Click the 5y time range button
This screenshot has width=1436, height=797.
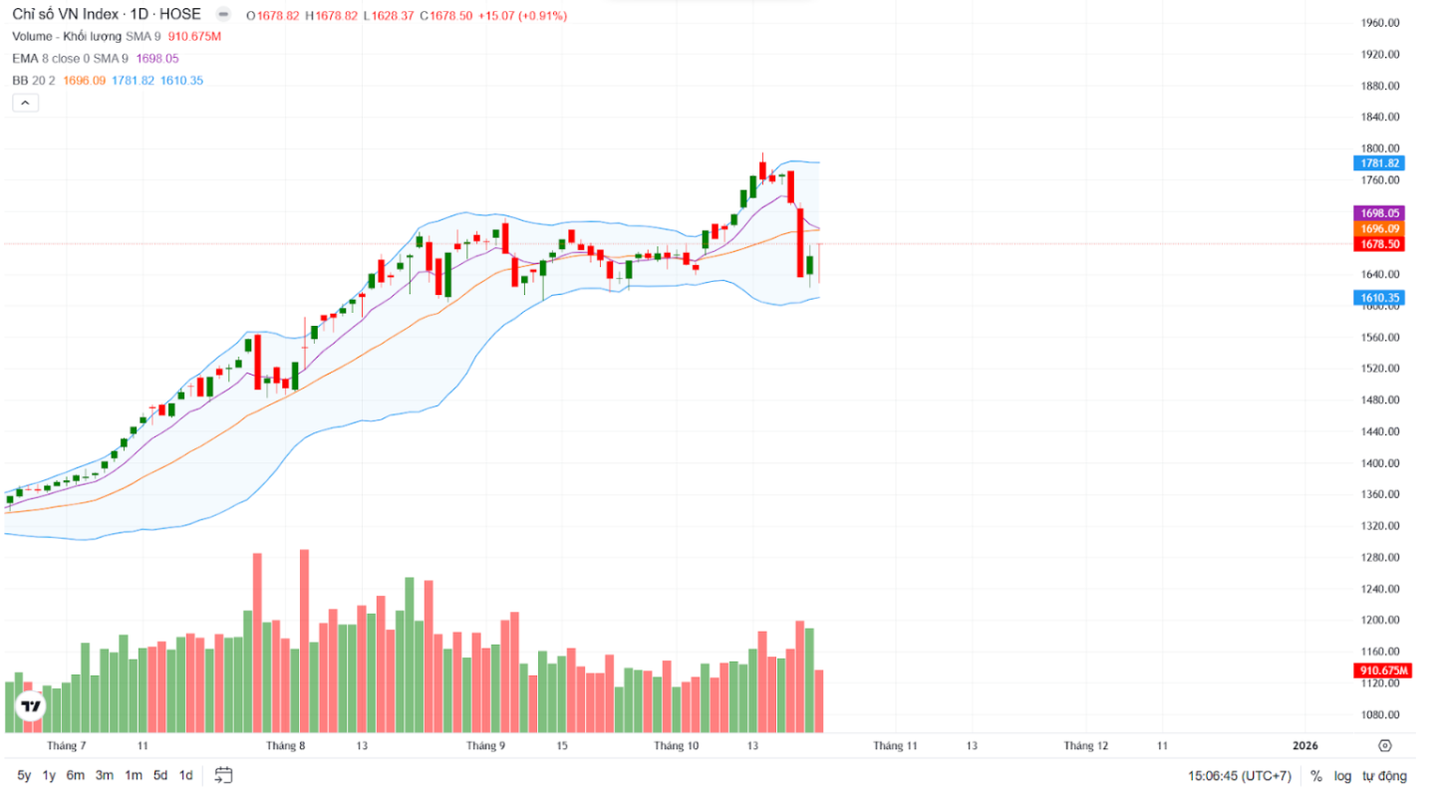pos(24,775)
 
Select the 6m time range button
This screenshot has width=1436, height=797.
pos(76,775)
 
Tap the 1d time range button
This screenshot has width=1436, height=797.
pos(185,775)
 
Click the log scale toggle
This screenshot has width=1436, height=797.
pos(1343,776)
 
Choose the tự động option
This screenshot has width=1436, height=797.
pos(1384,776)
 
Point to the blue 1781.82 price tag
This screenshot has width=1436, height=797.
pos(1379,163)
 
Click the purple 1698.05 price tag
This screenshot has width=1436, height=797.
pos(1379,213)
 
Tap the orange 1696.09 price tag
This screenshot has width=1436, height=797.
pos(1379,229)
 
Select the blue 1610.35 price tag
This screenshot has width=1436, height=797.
pos(1379,298)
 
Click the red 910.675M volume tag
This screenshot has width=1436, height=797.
pos(1381,670)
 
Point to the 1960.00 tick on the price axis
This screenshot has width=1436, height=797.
pos(1380,23)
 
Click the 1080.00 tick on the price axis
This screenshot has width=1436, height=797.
pos(1380,715)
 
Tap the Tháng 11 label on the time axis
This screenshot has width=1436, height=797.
pos(896,745)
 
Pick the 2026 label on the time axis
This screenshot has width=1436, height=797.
pos(1304,745)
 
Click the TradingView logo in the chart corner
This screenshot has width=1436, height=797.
pos(32,706)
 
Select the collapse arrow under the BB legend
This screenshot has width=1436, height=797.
pos(26,102)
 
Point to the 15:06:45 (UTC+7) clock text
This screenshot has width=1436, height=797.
pos(1240,776)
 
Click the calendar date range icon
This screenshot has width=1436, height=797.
pos(223,775)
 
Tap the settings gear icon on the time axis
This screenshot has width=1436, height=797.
pos(1384,745)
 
